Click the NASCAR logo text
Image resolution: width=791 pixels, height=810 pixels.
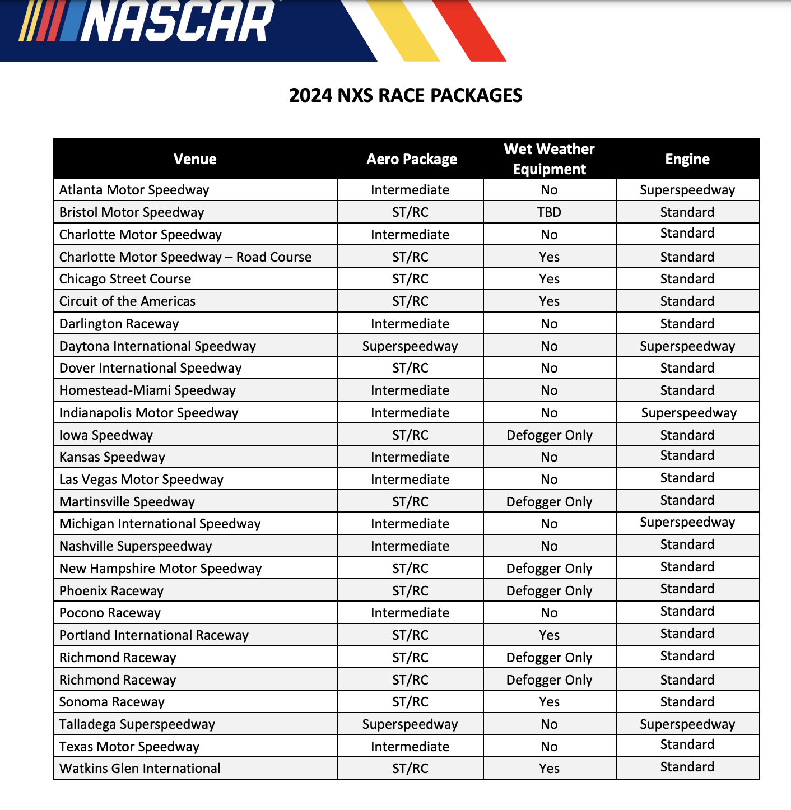[178, 22]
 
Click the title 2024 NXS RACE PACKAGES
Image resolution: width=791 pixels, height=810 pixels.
[406, 95]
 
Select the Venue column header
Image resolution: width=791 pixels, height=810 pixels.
[195, 159]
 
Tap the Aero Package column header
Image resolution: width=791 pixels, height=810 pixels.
[412, 159]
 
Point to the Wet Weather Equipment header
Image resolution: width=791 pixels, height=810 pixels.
[549, 159]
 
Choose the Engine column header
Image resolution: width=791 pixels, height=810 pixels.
[687, 159]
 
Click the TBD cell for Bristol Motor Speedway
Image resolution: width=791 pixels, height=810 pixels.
[549, 212]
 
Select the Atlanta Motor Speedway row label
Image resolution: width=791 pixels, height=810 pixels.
[134, 190]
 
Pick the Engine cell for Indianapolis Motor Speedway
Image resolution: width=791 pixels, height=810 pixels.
[688, 413]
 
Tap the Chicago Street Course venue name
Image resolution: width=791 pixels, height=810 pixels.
[125, 279]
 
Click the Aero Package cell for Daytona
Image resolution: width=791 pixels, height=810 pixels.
[410, 346]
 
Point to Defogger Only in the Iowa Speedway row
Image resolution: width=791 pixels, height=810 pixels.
[549, 435]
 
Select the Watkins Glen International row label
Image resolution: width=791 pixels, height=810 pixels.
[140, 769]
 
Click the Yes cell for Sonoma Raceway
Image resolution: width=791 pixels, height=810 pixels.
[549, 702]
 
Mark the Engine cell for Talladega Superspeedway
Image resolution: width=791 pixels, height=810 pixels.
[687, 724]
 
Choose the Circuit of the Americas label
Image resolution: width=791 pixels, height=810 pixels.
[128, 301]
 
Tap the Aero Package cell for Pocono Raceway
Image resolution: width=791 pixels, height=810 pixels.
[410, 613]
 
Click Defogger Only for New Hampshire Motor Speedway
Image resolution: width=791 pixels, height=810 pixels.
[549, 569]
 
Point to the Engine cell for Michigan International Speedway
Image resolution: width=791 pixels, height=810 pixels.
[687, 522]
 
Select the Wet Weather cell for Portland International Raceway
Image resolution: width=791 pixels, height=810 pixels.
[549, 635]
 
